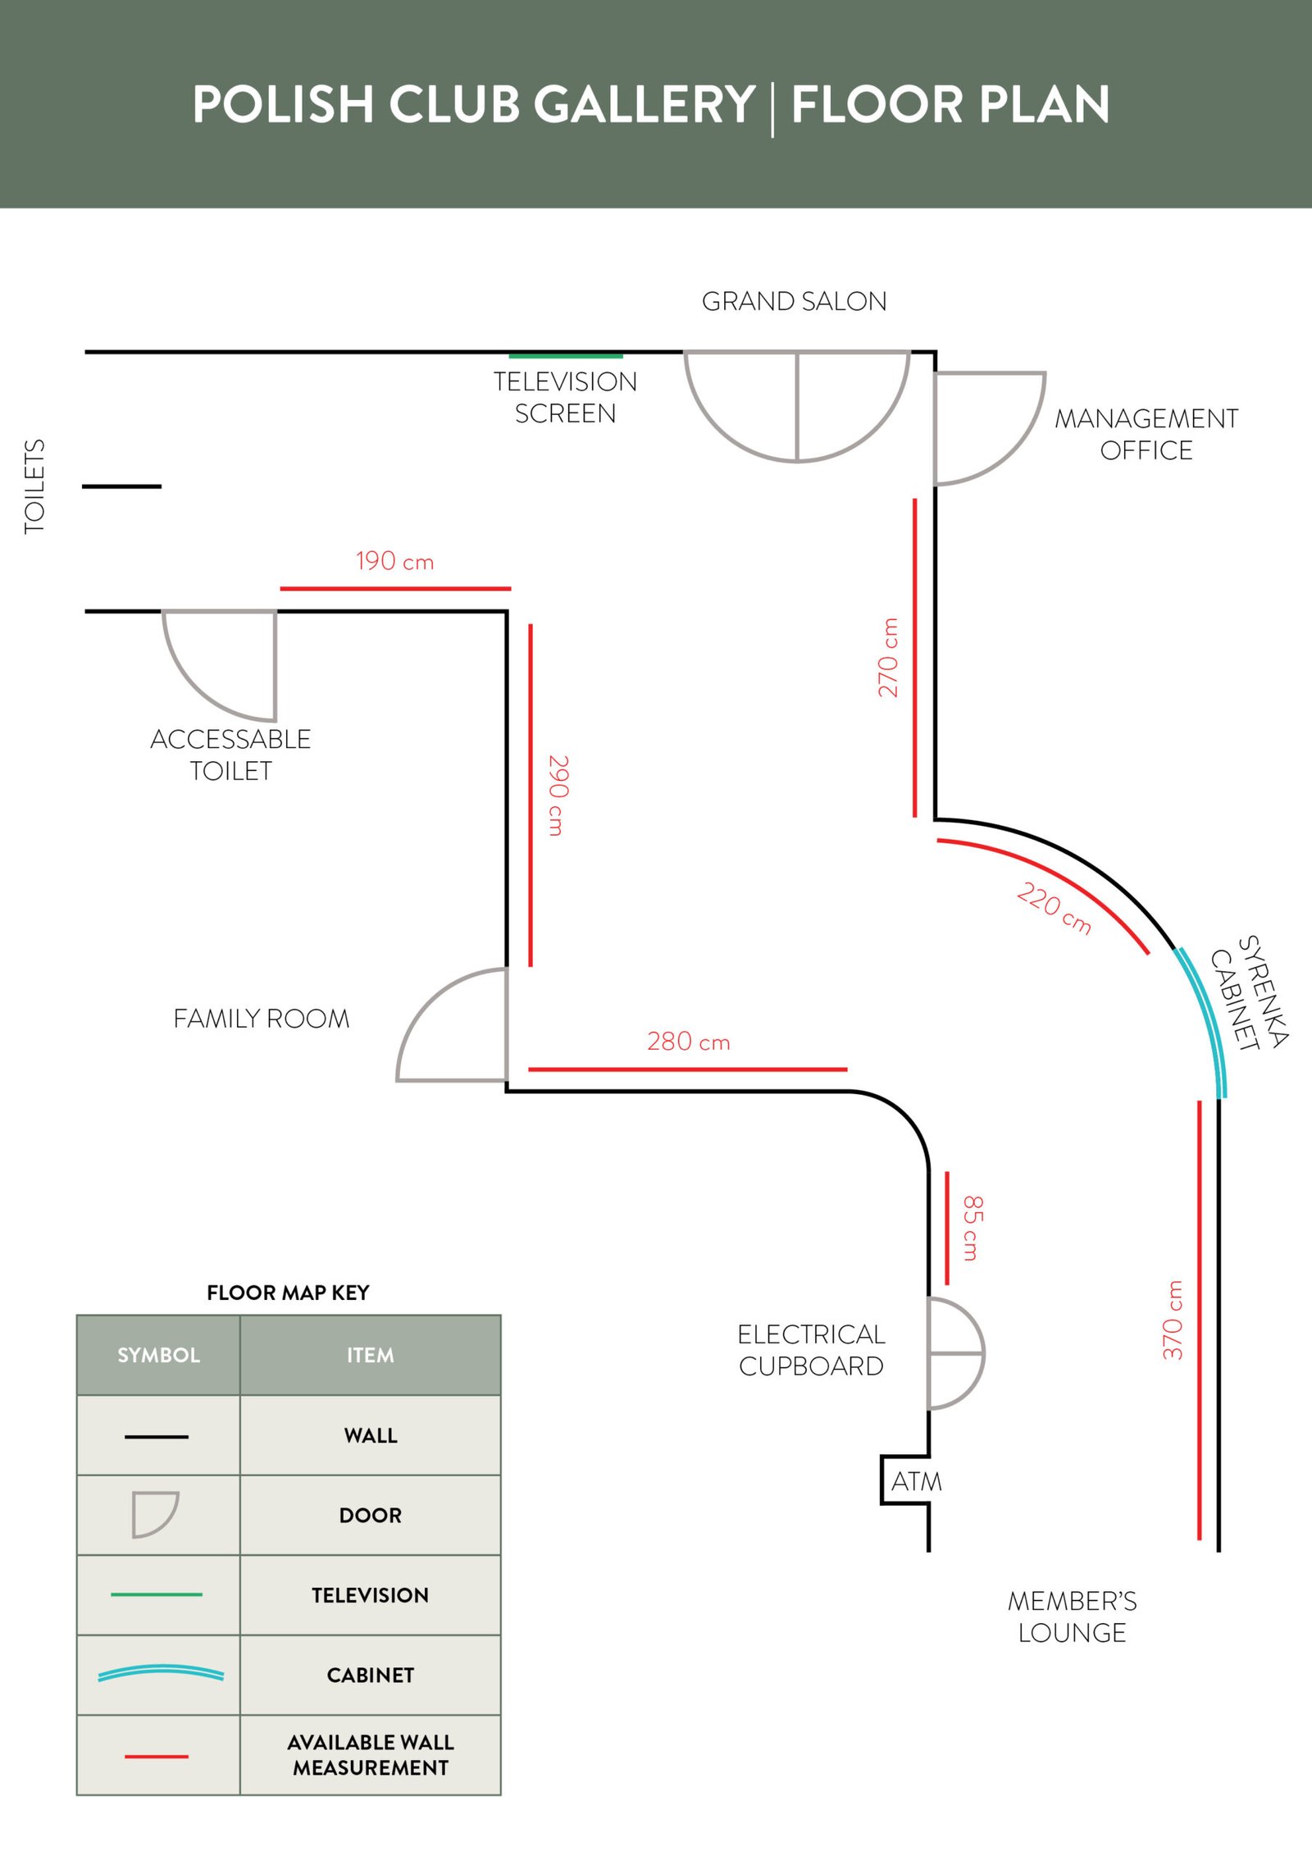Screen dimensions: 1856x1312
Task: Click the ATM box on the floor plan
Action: pos(911,1481)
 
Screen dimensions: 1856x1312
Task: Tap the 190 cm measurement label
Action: pos(394,562)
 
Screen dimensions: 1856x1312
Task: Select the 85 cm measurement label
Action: pos(973,1228)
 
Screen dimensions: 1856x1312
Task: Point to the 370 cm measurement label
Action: pos(1173,1320)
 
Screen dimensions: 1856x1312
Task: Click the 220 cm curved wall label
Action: pos(1054,908)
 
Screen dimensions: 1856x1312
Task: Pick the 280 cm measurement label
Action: pos(688,1042)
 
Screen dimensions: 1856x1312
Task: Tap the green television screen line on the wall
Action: pos(565,356)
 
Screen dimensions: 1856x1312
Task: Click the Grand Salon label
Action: pos(794,302)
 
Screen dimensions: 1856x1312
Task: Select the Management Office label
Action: pos(1146,435)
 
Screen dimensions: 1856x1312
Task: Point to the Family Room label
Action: pos(262,1019)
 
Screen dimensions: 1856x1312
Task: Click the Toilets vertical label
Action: pos(34,487)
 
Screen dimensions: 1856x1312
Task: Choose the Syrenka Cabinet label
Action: pos(1250,992)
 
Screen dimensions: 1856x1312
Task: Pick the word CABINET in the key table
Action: pos(370,1675)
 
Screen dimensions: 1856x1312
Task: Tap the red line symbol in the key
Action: pos(157,1756)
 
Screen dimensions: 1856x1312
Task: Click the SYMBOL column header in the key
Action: pos(158,1355)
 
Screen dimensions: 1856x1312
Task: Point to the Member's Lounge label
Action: pos(1072,1616)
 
